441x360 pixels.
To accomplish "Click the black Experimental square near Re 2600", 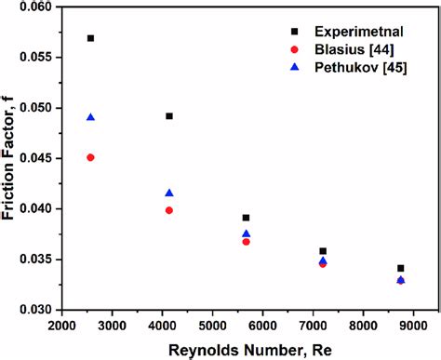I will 90,38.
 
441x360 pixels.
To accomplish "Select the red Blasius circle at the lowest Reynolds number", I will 90,157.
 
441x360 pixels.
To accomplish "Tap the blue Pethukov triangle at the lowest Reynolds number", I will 90,117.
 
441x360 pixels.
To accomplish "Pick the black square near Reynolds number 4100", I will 169,116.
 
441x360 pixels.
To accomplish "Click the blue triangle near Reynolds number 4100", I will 169,193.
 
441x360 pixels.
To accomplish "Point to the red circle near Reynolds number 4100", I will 169,210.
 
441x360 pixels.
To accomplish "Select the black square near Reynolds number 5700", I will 246,218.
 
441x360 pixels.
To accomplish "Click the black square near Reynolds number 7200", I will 323,251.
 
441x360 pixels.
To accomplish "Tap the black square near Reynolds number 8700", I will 400,268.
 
